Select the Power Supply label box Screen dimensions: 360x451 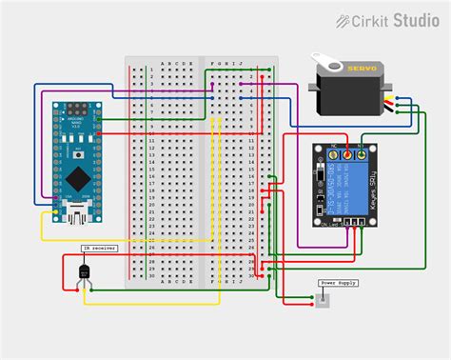tap(338, 283)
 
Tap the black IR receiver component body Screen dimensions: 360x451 tap(85, 272)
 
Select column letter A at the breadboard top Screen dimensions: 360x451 tap(164, 65)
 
